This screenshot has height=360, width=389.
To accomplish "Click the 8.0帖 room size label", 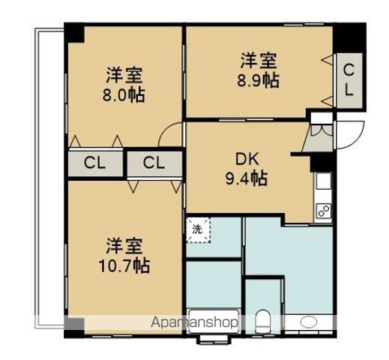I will [x=124, y=95].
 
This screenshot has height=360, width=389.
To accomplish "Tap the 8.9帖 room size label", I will [x=260, y=80].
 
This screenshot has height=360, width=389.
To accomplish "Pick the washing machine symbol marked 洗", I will [x=198, y=230].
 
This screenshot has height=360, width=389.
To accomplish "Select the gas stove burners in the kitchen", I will [x=324, y=211].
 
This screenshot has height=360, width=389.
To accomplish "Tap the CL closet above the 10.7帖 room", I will [x=154, y=163].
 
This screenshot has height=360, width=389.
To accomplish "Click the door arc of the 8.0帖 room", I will [x=172, y=136].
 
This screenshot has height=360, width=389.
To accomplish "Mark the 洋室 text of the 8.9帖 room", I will [x=260, y=60].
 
